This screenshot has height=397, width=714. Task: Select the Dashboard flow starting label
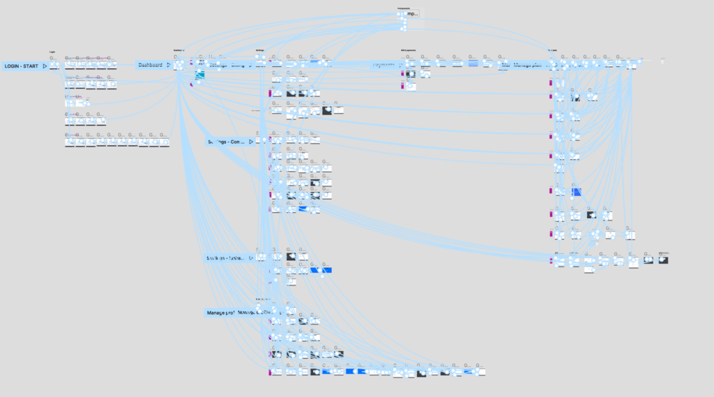tap(150, 66)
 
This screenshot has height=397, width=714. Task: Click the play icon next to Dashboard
tap(168, 66)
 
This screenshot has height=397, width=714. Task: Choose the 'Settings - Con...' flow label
tap(226, 142)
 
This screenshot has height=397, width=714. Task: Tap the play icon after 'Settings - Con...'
tap(251, 142)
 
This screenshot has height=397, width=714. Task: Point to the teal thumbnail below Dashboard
tap(199, 75)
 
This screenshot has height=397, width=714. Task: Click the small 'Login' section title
tap(52, 52)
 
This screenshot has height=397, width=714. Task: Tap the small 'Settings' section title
tap(259, 50)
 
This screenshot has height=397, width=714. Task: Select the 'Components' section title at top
tap(404, 8)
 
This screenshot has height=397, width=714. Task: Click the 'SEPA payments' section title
tap(408, 50)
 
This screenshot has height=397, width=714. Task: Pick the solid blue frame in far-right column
tap(577, 192)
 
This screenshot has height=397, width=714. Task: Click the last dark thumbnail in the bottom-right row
tap(663, 260)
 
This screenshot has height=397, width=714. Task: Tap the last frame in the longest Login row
tap(165, 142)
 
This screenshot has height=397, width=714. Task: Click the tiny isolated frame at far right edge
tap(662, 61)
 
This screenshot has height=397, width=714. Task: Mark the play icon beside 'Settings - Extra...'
tap(251, 258)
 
